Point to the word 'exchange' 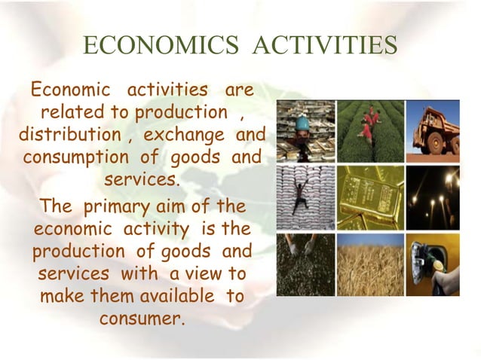tap(184, 136)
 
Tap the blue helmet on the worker tap(302, 124)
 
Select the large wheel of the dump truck tap(437, 144)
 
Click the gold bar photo tap(371, 198)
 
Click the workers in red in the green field tap(369, 124)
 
